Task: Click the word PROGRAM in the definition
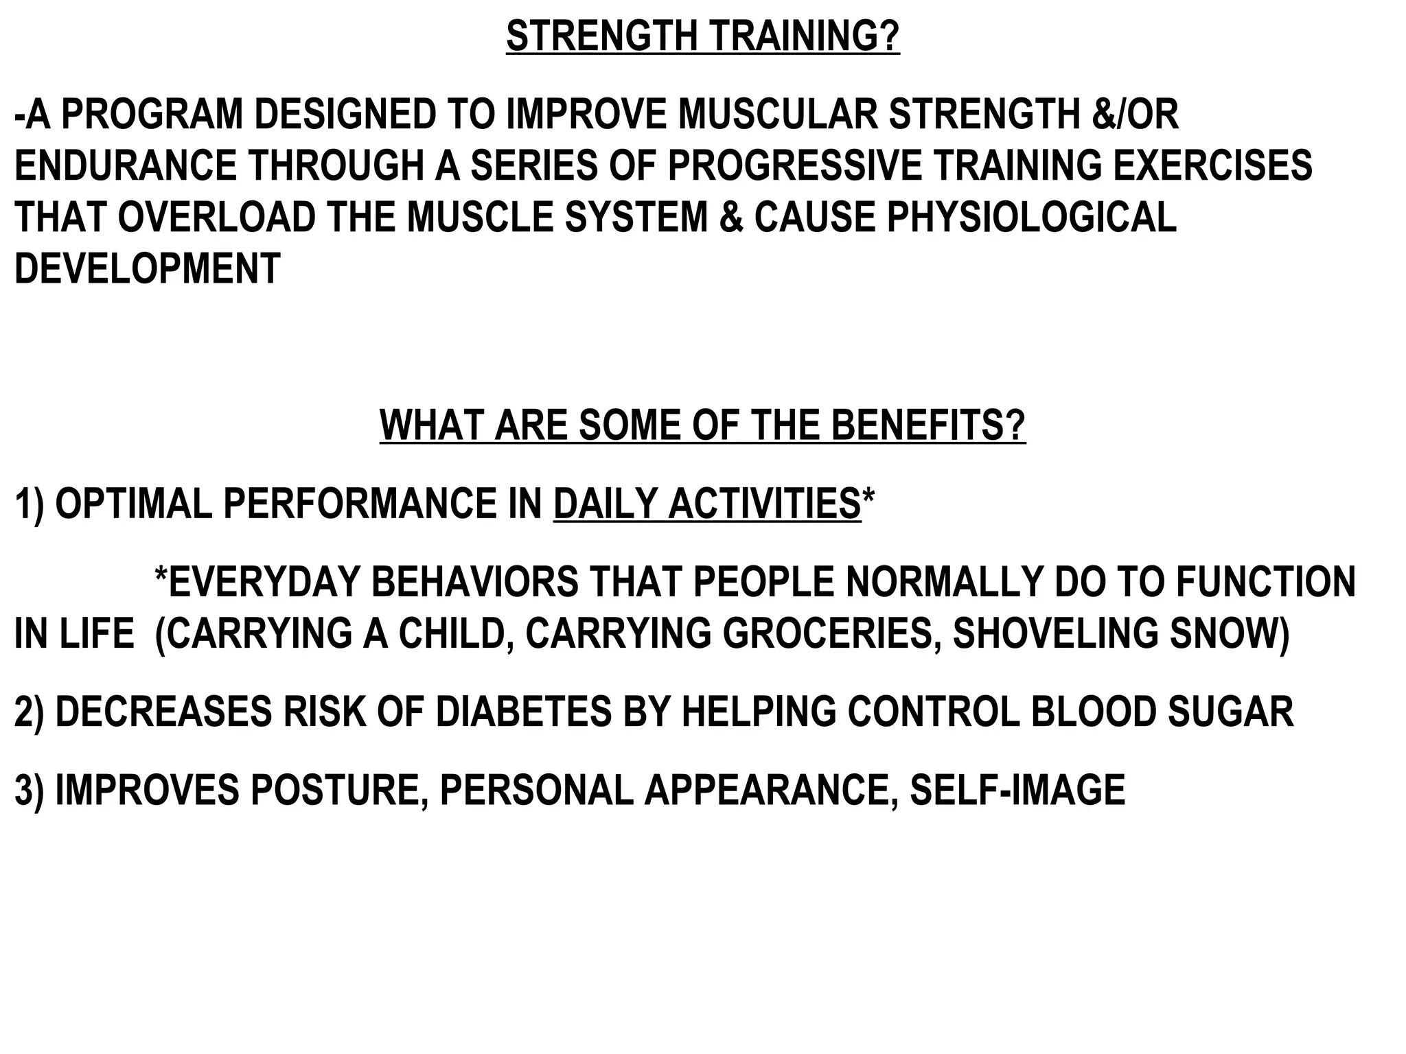point(152,115)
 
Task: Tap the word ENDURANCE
point(124,166)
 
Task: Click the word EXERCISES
point(1212,166)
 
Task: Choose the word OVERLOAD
point(216,218)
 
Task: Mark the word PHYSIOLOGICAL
point(1031,218)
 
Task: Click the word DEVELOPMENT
point(147,269)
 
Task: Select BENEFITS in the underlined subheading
point(928,425)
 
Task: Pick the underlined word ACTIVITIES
point(765,504)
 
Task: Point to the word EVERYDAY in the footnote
point(264,583)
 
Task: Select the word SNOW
point(1229,634)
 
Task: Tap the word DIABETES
point(523,712)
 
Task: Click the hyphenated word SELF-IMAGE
point(1017,790)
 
